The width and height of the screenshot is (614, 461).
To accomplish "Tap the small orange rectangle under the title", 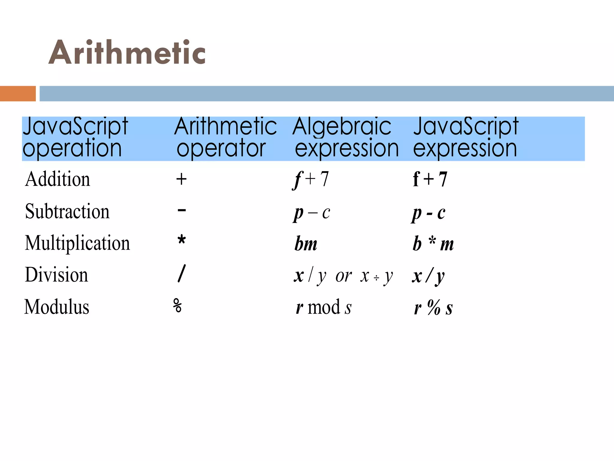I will coord(18,94).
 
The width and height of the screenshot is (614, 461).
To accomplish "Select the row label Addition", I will coord(58,179).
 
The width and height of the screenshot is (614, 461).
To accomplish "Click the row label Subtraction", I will coord(67,211).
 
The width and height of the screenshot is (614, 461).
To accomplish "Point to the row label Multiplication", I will coord(77,243).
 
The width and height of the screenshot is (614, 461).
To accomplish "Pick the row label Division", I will coord(57,275).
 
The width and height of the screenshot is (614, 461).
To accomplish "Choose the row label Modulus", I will coord(57,307).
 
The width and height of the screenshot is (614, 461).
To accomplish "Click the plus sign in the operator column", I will coord(181,179).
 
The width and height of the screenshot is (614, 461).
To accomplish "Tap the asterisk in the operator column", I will coord(182,240).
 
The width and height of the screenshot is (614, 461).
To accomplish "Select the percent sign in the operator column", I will coord(177,306).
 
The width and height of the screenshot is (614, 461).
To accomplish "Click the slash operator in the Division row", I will coord(182,273).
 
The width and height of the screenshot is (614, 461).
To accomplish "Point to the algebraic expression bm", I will coord(306,244).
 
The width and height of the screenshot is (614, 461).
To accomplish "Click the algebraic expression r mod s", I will coord(323,307).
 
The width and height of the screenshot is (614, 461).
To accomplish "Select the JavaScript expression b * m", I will coord(433,244).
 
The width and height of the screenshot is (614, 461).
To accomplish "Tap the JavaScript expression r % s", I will coord(433,308).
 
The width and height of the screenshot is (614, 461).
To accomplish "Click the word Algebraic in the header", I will coord(342,127).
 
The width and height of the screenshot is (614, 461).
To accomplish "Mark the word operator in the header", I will coord(221,148).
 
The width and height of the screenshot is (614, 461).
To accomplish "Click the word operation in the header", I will coord(72,148).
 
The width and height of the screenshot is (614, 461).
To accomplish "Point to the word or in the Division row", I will coord(344,276).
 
